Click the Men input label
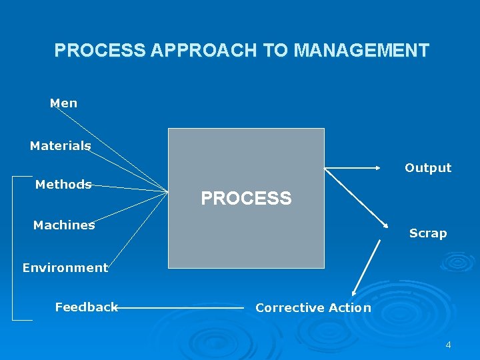click(63, 103)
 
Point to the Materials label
click(60, 146)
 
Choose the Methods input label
click(63, 185)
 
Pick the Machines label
click(64, 225)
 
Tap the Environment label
click(65, 268)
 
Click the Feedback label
click(86, 307)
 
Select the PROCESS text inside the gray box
click(246, 199)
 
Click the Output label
click(428, 168)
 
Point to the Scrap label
click(427, 233)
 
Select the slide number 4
click(448, 345)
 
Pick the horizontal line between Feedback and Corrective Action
click(180, 308)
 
